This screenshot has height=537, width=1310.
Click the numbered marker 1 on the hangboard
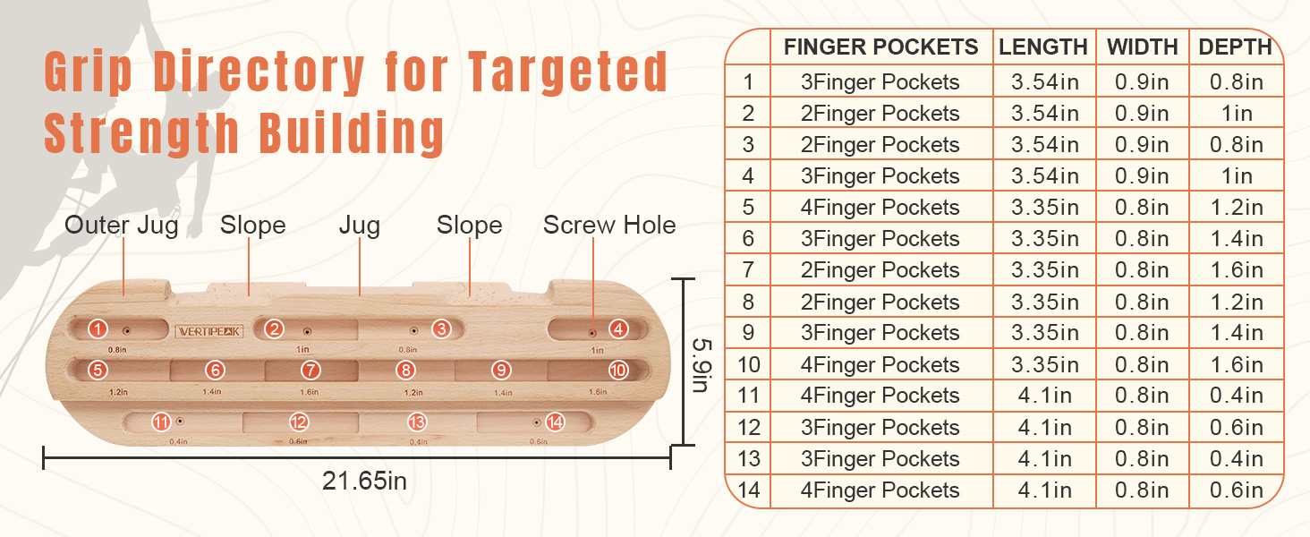pos(98,328)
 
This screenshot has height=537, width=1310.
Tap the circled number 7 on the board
pos(310,371)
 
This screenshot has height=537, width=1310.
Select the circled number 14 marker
pos(555,422)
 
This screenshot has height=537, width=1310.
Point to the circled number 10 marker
pos(618,371)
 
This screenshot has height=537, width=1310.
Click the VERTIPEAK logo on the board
pos(209,332)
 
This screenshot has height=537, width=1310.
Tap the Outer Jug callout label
pos(122,226)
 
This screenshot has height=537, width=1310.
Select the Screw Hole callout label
pos(609,225)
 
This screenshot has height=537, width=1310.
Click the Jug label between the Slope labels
pos(360,226)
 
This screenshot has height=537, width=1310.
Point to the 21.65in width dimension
pos(364,481)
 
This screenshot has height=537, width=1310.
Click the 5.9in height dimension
pos(702,365)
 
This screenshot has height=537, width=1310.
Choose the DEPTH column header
pos(1235,47)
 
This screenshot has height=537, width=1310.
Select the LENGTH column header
pos(1043,47)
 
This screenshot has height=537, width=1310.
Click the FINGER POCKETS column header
pos(880,47)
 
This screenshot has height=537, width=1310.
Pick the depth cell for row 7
pos(1237,270)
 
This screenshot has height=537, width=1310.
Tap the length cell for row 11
pos(1044,396)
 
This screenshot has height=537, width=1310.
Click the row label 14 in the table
pos(749,490)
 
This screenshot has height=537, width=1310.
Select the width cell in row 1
pos(1142,82)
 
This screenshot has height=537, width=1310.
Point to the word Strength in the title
pos(141,133)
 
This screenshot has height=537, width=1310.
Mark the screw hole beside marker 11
pos(180,422)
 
